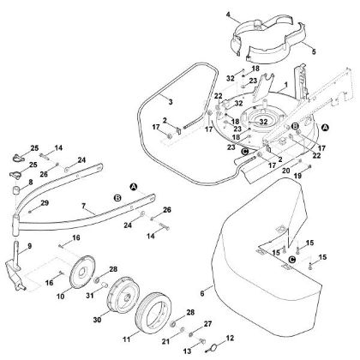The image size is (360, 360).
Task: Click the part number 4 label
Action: coord(228,14)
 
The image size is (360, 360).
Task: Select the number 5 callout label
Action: coord(314,52)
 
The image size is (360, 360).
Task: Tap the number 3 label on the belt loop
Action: coord(171,102)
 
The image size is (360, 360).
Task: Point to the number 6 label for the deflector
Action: coord(202,293)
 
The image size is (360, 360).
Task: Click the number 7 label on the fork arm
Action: coord(83,206)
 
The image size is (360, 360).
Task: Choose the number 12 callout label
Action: coord(230,339)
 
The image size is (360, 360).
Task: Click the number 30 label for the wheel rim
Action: coord(97,320)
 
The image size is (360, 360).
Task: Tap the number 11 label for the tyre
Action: coord(127,339)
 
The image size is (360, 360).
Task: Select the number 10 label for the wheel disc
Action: coord(61,297)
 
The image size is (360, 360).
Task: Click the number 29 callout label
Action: coord(45,203)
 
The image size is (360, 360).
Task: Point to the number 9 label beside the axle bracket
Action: coord(30,246)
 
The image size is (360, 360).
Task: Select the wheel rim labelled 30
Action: coord(123,294)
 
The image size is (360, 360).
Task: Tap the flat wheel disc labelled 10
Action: coord(82,272)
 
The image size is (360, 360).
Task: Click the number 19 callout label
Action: coord(297,176)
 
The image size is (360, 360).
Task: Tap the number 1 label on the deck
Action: coord(285,85)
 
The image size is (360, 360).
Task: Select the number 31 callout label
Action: coord(90,296)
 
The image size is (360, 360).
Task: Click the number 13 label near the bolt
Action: coord(187,351)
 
